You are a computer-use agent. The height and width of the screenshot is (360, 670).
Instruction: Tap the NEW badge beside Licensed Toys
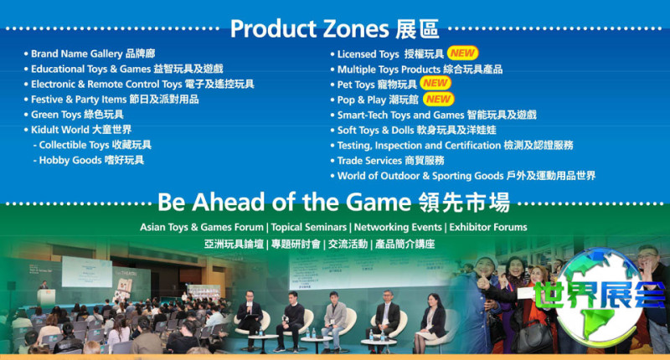click(463, 54)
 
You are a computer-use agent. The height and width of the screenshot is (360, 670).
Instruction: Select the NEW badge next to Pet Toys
click(435, 83)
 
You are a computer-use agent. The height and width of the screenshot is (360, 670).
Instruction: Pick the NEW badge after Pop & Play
click(438, 99)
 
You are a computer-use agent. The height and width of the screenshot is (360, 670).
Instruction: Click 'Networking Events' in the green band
click(397, 227)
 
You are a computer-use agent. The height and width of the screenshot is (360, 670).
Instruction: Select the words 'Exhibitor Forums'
click(488, 227)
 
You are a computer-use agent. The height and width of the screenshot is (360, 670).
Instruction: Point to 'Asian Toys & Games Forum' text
click(202, 227)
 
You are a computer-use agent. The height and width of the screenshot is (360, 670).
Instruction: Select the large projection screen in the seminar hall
click(87, 272)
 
